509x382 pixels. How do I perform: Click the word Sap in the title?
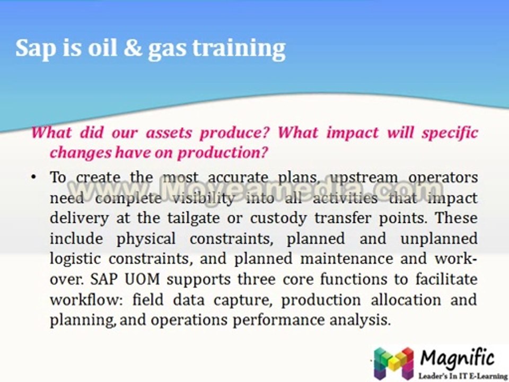tap(33, 49)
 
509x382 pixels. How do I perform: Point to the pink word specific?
tap(450, 132)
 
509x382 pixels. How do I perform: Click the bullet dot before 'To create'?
tap(33, 177)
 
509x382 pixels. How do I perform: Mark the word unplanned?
tap(438, 239)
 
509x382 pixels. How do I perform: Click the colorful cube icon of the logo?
tap(393, 362)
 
